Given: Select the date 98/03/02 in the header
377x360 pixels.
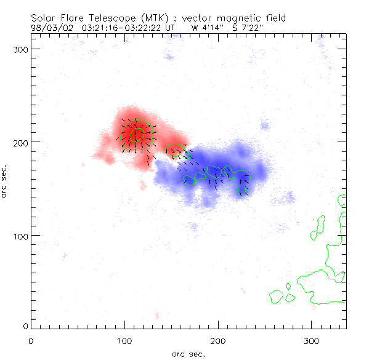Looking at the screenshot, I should pos(49,28).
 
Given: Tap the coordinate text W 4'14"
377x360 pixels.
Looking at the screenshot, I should pos(207,28).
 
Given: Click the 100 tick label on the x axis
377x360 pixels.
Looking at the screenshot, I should pos(125,341).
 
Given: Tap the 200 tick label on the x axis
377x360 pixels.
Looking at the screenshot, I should pos(219,341).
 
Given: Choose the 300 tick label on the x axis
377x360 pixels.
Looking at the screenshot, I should pos(312,341).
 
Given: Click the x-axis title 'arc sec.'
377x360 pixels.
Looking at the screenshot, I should pos(188,353).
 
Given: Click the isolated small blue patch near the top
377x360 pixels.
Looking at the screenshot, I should pos(169,57).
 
